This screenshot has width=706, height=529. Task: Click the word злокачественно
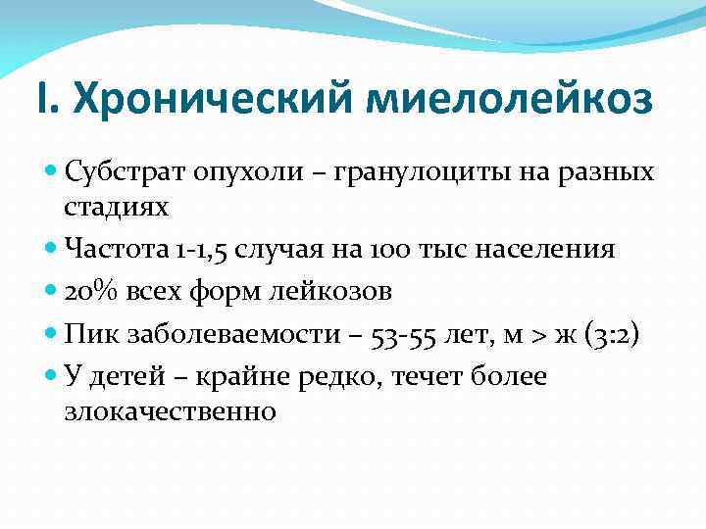[170, 411]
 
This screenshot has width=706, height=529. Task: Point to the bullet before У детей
[51, 377]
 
